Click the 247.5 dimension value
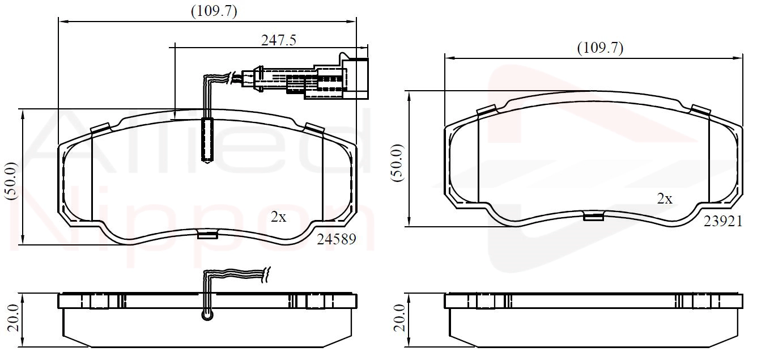(278, 41)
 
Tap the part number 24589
(336, 239)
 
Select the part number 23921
(723, 222)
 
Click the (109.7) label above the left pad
(214, 11)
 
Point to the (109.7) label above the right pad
(600, 48)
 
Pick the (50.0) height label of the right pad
(397, 163)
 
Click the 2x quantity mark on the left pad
(278, 217)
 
